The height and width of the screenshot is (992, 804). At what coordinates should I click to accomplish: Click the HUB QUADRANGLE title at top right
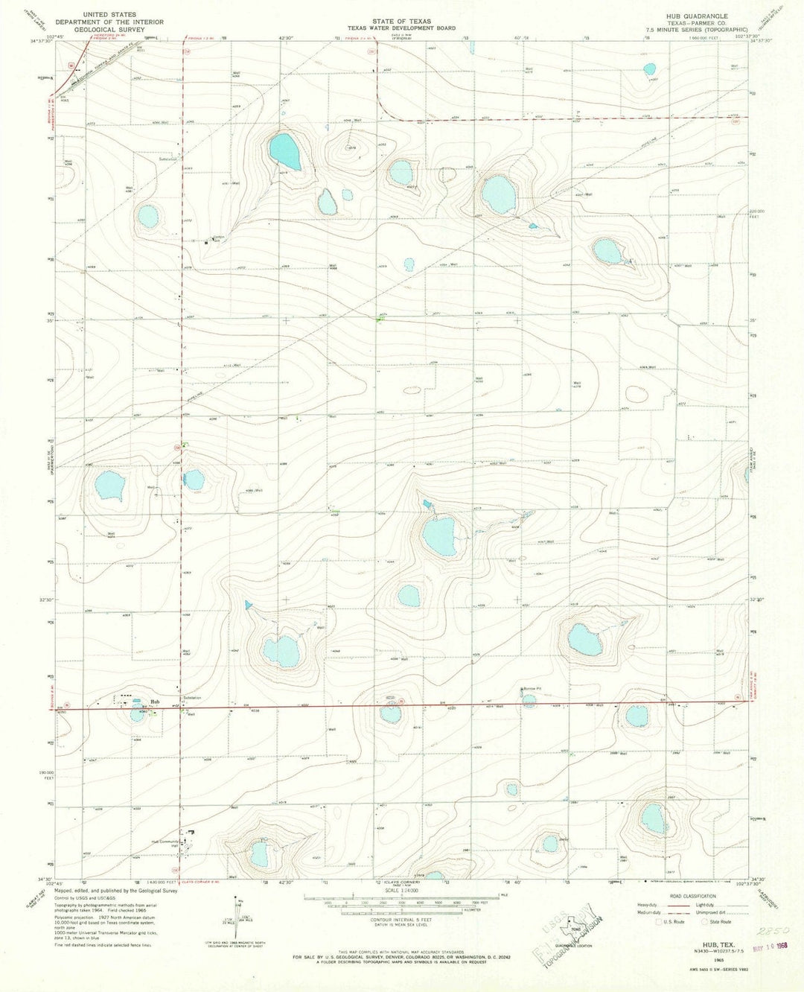(x=699, y=15)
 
